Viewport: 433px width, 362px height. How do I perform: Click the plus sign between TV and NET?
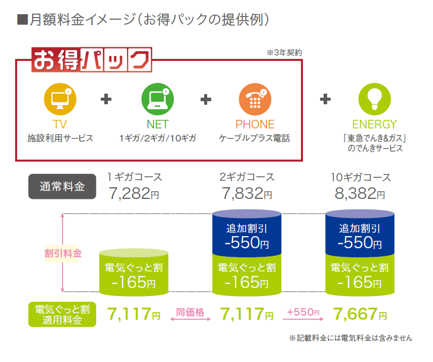pyautogui.click(x=106, y=99)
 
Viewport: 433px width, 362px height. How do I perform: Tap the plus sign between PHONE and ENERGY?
pyautogui.click(x=326, y=99)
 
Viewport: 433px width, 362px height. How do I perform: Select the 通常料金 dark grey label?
pyautogui.click(x=61, y=187)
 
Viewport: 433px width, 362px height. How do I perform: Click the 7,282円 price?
pyautogui.click(x=134, y=193)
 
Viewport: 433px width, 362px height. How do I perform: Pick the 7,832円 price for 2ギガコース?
pyautogui.click(x=246, y=193)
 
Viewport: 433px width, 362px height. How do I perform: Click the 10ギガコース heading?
pyautogui.click(x=360, y=177)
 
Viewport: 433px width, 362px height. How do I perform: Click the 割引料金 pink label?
pyautogui.click(x=63, y=254)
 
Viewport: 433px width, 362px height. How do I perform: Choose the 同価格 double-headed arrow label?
pyautogui.click(x=190, y=313)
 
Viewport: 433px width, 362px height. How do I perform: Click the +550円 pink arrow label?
pyautogui.click(x=303, y=313)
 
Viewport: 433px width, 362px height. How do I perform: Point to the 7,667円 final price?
pyautogui.click(x=360, y=314)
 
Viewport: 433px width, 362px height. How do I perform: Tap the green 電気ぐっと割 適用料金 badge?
pyautogui.click(x=62, y=314)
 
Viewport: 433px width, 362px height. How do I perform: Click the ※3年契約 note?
pyautogui.click(x=284, y=52)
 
